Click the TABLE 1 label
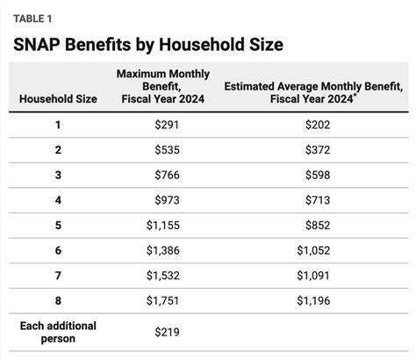tap(32, 18)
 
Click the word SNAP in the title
tap(37, 45)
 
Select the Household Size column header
tap(58, 98)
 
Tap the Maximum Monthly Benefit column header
tap(163, 86)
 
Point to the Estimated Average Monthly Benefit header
tap(313, 92)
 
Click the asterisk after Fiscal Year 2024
tap(355, 95)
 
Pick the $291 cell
tap(167, 125)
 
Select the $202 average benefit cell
tap(318, 125)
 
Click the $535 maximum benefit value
tap(167, 150)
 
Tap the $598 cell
tap(318, 175)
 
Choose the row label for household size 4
tap(58, 200)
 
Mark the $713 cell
tap(318, 200)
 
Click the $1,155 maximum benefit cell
tap(163, 226)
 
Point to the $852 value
tap(318, 226)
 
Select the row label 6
tap(58, 250)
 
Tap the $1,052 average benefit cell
tap(313, 250)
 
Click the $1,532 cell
tap(163, 276)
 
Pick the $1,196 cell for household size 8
tap(313, 301)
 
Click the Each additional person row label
tap(58, 332)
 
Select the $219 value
tap(167, 332)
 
